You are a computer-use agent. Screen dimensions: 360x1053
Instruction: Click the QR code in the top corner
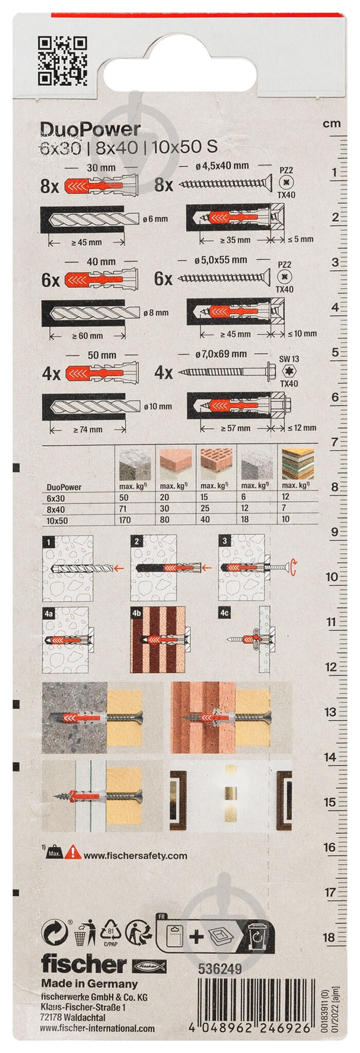62,60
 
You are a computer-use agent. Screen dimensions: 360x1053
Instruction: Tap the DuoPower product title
90,130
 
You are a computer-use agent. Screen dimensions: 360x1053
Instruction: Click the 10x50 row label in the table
57,520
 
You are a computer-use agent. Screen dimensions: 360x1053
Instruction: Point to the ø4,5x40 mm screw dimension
222,166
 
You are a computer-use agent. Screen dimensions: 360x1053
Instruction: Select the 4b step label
136,613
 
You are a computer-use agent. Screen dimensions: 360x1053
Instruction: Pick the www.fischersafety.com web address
135,856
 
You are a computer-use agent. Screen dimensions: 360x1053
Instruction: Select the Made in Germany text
89,984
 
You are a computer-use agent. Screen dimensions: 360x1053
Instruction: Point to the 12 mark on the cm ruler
332,667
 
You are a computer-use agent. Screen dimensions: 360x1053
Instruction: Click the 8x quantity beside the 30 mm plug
50,186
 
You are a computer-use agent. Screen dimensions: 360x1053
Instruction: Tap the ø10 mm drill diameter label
158,407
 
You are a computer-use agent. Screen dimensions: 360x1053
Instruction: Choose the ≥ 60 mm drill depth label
87,336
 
